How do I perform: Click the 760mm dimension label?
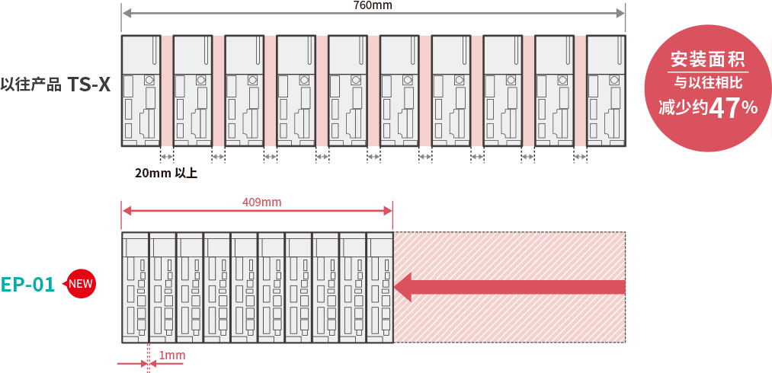(373, 5)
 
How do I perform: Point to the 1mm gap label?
(171, 355)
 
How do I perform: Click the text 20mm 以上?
(166, 174)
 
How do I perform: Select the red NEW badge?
(81, 284)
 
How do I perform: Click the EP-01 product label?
(28, 285)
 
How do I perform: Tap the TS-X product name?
(89, 84)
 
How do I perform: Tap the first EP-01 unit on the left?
(135, 287)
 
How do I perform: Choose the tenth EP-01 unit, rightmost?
(380, 287)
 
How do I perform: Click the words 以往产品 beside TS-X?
(32, 84)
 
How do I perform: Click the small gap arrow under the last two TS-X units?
(581, 157)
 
